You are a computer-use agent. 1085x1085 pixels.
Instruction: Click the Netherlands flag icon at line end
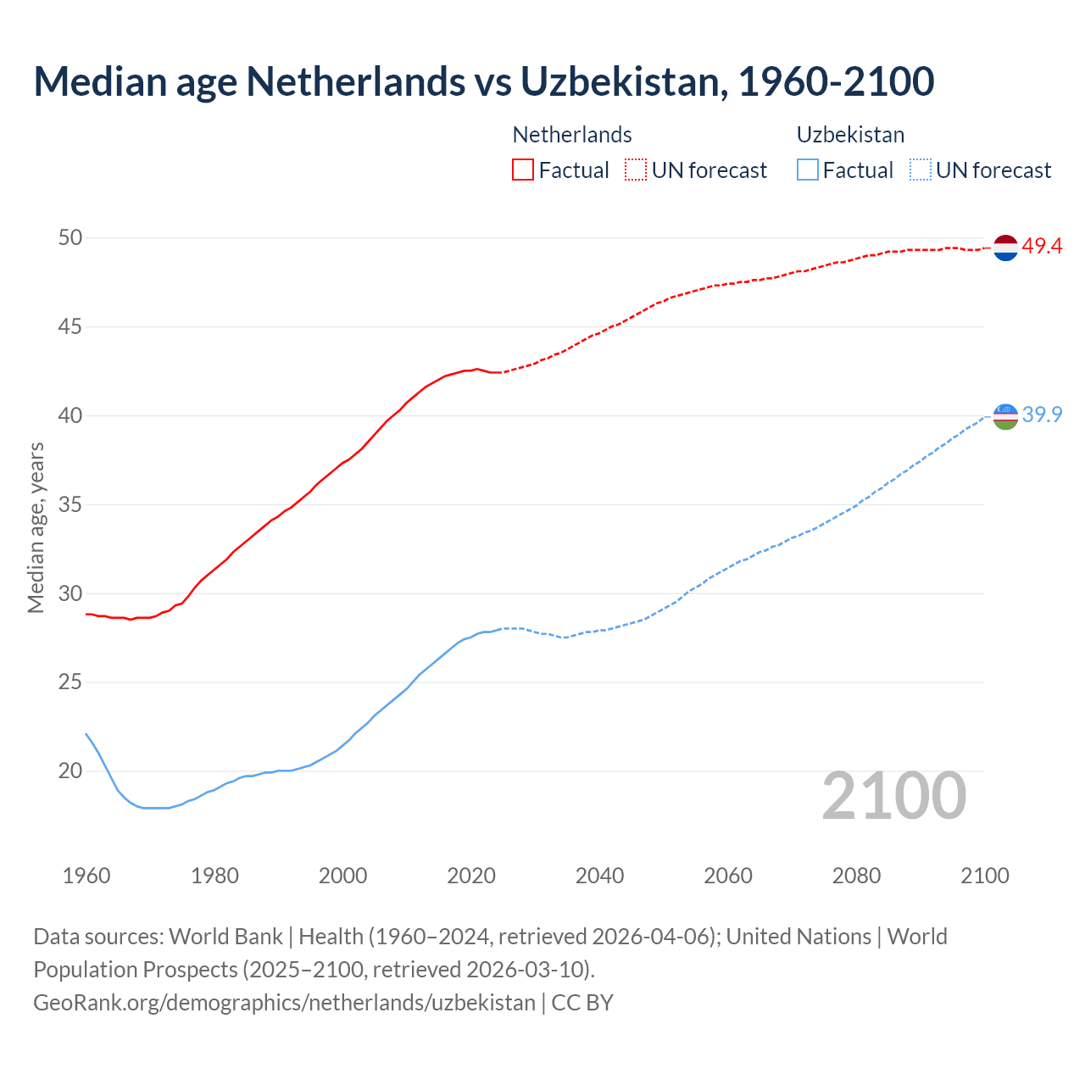pos(1004,248)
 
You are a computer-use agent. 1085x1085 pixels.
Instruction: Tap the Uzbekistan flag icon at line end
pos(1004,416)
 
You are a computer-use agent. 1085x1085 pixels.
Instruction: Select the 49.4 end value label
pos(1042,247)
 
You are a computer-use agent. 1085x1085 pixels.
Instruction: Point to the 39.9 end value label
pos(1042,415)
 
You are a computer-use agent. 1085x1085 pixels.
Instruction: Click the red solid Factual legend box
pos(523,170)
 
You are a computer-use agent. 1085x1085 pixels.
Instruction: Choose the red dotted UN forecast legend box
pos(636,170)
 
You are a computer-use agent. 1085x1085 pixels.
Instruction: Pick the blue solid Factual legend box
pos(808,170)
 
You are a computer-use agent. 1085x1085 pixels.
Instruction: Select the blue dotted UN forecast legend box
pos(920,170)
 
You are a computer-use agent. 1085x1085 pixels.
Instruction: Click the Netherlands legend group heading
pos(572,135)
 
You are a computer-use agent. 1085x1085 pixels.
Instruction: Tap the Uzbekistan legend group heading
pos(850,135)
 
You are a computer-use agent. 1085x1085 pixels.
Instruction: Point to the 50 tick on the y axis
pos(70,238)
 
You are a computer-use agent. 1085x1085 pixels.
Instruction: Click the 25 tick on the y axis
pos(70,682)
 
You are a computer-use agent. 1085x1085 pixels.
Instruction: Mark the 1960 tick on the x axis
pos(86,876)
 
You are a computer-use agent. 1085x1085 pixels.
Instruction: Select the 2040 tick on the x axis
pos(599,876)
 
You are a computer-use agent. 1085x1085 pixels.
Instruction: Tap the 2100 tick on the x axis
pos(984,876)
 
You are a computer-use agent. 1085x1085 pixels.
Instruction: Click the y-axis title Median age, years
pos(36,527)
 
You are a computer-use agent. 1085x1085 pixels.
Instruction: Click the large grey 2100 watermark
pos(893,796)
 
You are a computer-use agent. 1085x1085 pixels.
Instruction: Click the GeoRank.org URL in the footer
pos(284,1003)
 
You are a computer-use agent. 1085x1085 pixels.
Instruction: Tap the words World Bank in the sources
pos(225,937)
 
